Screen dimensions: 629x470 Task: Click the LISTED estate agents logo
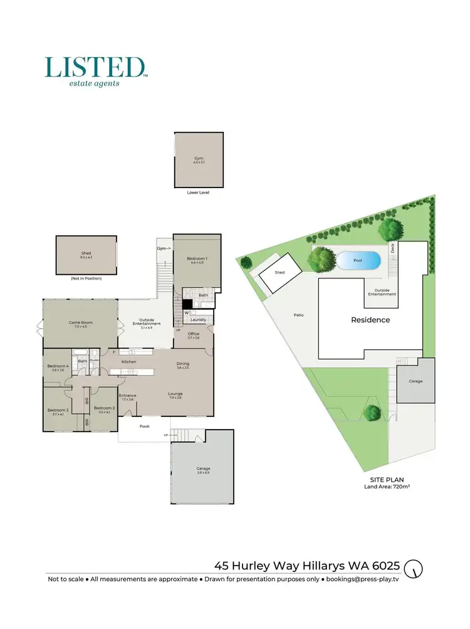[x=95, y=71]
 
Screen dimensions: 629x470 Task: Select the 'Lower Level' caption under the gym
[x=198, y=193]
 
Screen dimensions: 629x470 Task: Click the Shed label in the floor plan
[x=86, y=254]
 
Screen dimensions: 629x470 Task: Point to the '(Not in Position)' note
[x=86, y=278]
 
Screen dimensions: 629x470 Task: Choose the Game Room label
[x=80, y=324]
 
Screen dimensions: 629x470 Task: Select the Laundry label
[x=199, y=320]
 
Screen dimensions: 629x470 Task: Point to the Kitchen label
[x=128, y=362]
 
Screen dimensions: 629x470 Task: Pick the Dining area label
[x=183, y=365]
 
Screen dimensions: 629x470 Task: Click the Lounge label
[x=175, y=394]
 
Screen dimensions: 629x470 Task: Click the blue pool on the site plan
[x=358, y=260]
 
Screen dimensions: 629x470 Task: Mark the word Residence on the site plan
[x=370, y=320]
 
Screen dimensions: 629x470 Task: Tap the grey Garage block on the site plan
[x=415, y=381]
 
